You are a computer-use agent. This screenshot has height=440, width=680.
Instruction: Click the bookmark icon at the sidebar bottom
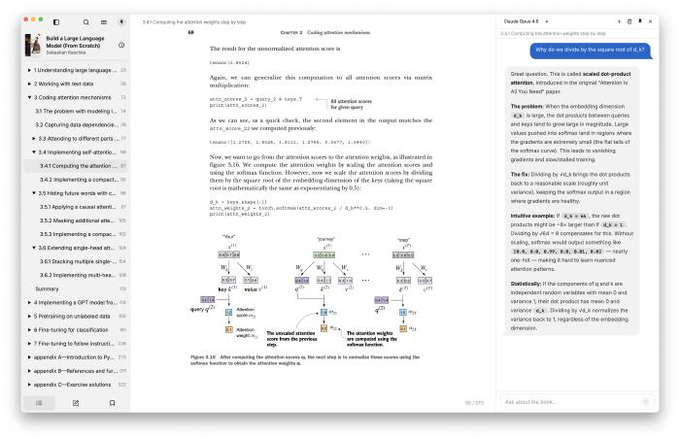pyautogui.click(x=112, y=401)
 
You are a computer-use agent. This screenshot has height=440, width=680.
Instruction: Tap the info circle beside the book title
pyautogui.click(x=120, y=45)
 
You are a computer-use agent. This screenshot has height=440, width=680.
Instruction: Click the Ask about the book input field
pyautogui.click(x=568, y=401)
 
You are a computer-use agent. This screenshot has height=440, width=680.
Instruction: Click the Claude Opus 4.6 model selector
pyautogui.click(x=527, y=19)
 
